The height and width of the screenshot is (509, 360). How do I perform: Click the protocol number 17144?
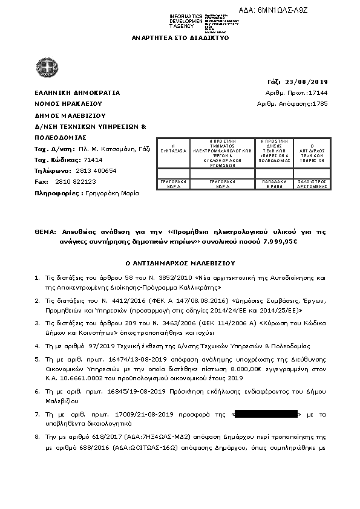pyautogui.click(x=318, y=92)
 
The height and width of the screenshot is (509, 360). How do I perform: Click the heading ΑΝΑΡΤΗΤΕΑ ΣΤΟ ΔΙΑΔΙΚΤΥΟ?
pyautogui.click(x=179, y=37)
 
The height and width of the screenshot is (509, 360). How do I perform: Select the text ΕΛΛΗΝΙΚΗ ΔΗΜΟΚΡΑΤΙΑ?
pyautogui.click(x=77, y=92)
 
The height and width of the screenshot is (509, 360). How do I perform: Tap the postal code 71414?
pyautogui.click(x=76, y=160)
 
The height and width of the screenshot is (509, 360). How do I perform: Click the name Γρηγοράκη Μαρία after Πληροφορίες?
pyautogui.click(x=111, y=193)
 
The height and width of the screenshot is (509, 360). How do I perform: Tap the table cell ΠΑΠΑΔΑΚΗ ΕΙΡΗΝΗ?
pyautogui.click(x=276, y=184)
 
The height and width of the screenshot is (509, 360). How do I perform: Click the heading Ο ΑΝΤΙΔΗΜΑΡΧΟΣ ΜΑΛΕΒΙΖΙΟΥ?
pyautogui.click(x=180, y=263)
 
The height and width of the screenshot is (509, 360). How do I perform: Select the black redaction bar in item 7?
pyautogui.click(x=266, y=414)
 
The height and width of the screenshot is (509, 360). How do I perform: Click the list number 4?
pyautogui.click(x=38, y=346)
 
